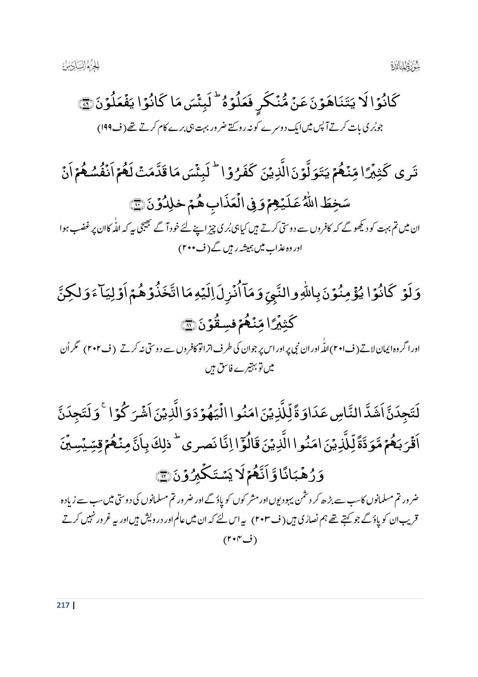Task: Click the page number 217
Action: pyautogui.click(x=62, y=605)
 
